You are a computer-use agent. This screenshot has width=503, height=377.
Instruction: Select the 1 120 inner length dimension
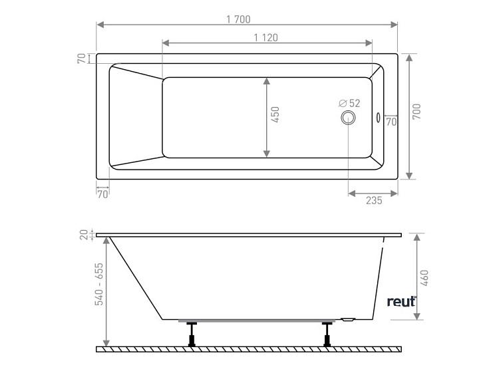[x=266, y=37]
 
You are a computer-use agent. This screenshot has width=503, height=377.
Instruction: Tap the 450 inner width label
[x=275, y=115]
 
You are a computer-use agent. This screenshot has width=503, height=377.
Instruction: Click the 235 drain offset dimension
[x=373, y=200]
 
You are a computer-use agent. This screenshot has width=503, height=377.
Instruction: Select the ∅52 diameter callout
[x=349, y=103]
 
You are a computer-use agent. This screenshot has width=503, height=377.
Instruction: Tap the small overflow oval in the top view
[x=379, y=118]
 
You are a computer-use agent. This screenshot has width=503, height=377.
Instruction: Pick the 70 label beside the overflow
[x=391, y=122]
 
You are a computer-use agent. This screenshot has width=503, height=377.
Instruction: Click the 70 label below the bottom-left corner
[x=102, y=195]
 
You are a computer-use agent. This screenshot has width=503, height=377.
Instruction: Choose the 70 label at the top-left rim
[x=82, y=59]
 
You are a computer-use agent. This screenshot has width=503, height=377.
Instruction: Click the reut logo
[x=401, y=301]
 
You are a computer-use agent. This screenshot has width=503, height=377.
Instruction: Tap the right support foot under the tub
[x=327, y=334]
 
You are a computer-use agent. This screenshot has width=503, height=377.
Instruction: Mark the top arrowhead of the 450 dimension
[x=267, y=81]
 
